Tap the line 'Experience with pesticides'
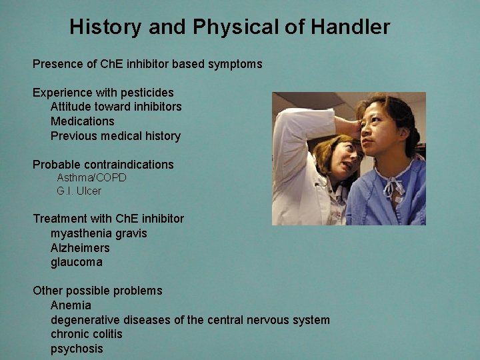point(103,93)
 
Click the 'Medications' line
point(83,121)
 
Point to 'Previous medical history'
point(115,136)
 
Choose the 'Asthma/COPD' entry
point(91,178)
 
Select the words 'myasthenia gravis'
point(99,233)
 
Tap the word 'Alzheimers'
point(80,248)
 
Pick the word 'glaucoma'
point(77,262)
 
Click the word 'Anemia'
point(71,305)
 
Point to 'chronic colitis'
point(87,334)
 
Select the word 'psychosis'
point(77,349)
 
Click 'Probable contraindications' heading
point(103,165)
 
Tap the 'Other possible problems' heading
point(97,291)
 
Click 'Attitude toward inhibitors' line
point(116,107)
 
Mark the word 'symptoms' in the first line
point(233,65)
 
